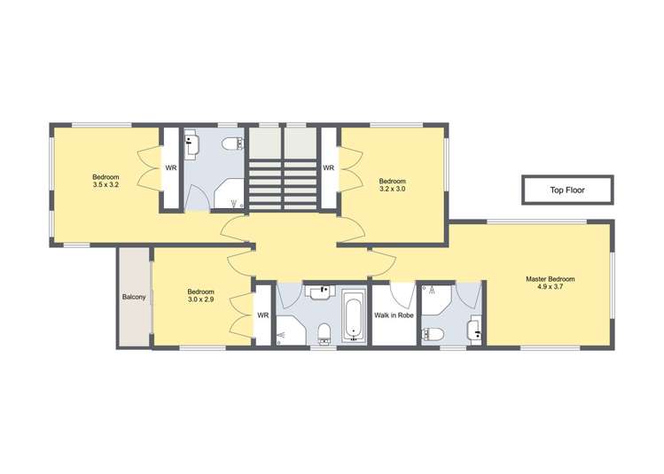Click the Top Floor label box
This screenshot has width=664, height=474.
pyautogui.click(x=567, y=190)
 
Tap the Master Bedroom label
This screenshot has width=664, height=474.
pyautogui.click(x=550, y=279)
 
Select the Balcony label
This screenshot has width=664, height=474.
pyautogui.click(x=134, y=297)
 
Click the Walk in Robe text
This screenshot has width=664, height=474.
pyautogui.click(x=394, y=315)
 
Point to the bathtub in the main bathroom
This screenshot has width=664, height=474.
pyautogui.click(x=354, y=316)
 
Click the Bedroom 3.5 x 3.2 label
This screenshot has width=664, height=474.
pyautogui.click(x=105, y=182)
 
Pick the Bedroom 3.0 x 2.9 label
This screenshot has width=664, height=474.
pyautogui.click(x=201, y=296)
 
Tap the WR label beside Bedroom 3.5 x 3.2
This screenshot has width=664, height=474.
pyautogui.click(x=171, y=168)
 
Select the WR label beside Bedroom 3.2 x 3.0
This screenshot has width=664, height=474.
pyautogui.click(x=328, y=168)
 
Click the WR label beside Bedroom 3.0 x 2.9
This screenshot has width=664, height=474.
pyautogui.click(x=263, y=315)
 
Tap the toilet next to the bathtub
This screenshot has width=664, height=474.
pyautogui.click(x=324, y=332)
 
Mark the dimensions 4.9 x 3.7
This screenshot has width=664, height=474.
pyautogui.click(x=550, y=287)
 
